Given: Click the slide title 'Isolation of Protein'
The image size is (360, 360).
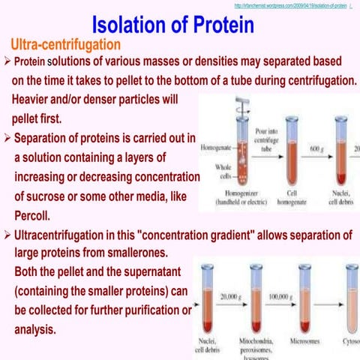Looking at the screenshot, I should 178,25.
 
